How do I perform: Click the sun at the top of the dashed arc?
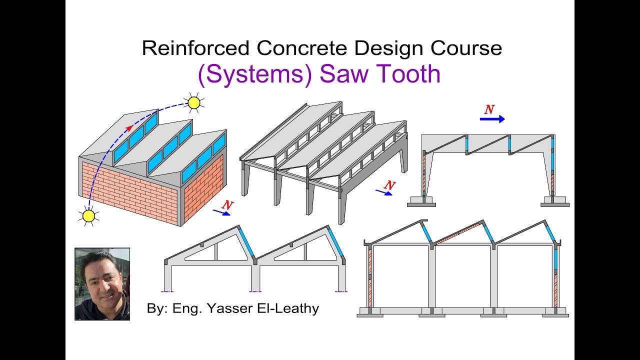[x=194, y=103]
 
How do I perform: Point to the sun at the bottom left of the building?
[x=88, y=216]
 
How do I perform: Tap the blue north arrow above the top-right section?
[x=492, y=119]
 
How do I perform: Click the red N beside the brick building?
[x=227, y=204]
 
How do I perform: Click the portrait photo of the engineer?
[x=102, y=283]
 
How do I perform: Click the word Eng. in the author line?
[x=185, y=308]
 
